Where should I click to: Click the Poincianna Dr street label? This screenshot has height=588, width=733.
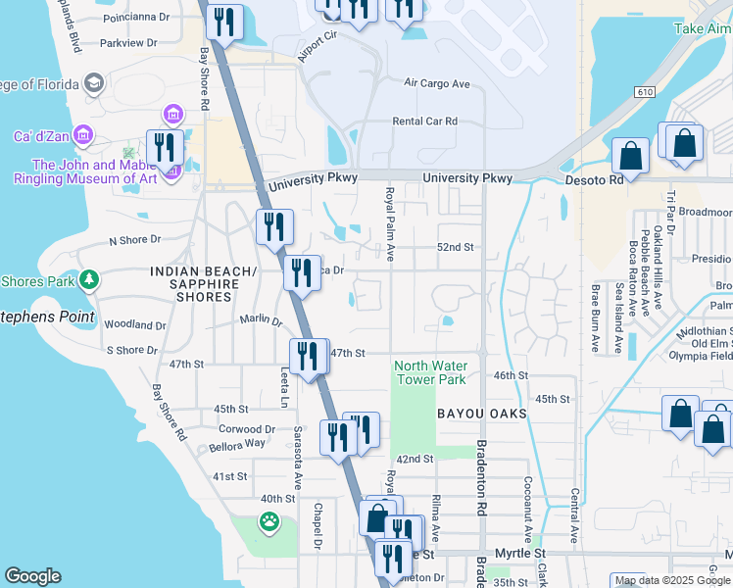pyautogui.click(x=135, y=17)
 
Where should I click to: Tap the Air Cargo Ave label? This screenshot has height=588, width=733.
pyautogui.click(x=437, y=82)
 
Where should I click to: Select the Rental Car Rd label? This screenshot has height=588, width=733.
pyautogui.click(x=424, y=122)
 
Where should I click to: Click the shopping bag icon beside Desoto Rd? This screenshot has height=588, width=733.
pyautogui.click(x=630, y=157)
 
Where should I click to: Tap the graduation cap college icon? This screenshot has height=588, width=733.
pyautogui.click(x=94, y=82)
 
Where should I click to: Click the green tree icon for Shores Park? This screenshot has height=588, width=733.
pyautogui.click(x=89, y=281)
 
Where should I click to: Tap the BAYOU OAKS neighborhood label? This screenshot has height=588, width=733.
pyautogui.click(x=482, y=415)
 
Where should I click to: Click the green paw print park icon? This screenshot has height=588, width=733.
pyautogui.click(x=269, y=521)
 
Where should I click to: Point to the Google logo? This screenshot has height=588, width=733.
pyautogui.click(x=33, y=576)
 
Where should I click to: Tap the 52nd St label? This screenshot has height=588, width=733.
pyautogui.click(x=455, y=248)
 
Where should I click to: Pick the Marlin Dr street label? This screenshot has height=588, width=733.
pyautogui.click(x=261, y=319)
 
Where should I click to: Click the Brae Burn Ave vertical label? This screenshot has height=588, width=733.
pyautogui.click(x=595, y=318)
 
